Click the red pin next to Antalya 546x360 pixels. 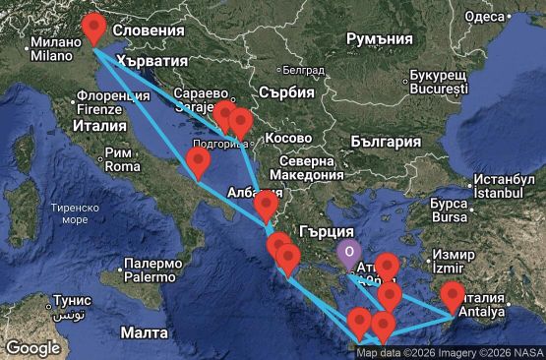click(453, 294)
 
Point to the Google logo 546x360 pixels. click(32, 347)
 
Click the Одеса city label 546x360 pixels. click(483, 16)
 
